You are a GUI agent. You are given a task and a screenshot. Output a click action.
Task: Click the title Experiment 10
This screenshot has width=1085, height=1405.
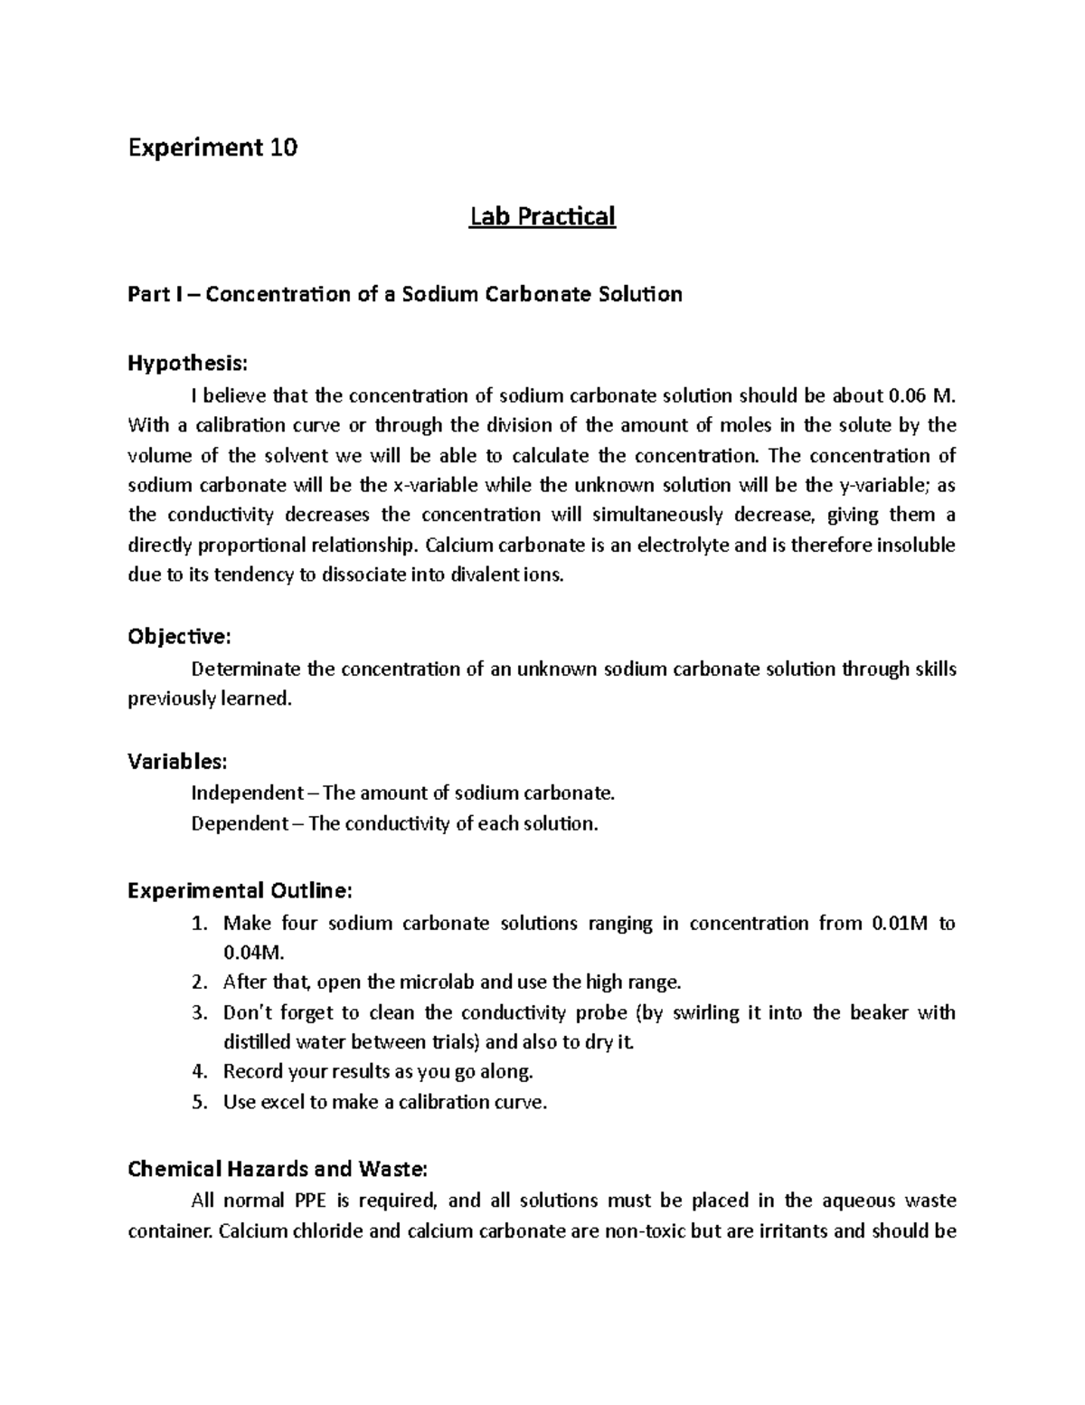(x=212, y=147)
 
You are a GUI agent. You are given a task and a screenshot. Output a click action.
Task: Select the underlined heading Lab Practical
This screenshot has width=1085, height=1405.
(x=542, y=216)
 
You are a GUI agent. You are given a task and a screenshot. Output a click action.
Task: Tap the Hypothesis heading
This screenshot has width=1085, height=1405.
(x=186, y=364)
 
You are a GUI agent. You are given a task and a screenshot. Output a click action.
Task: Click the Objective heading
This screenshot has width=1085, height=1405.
(x=179, y=637)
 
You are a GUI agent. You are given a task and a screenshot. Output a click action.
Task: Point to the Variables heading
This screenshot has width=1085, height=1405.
(x=177, y=761)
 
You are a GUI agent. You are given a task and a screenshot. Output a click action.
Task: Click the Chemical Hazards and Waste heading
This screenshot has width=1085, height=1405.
(x=277, y=1169)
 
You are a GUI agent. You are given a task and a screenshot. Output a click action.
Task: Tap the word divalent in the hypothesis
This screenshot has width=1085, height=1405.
(x=483, y=575)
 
